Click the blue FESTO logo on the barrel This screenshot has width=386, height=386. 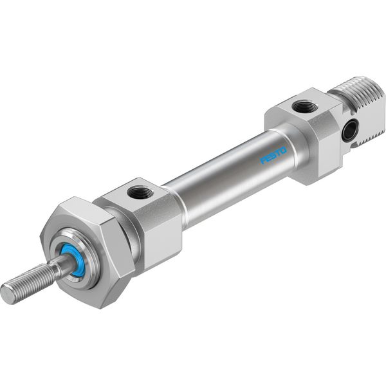(x=273, y=155)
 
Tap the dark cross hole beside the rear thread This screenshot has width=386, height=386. (x=351, y=129)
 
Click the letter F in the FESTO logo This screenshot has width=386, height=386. (x=263, y=160)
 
